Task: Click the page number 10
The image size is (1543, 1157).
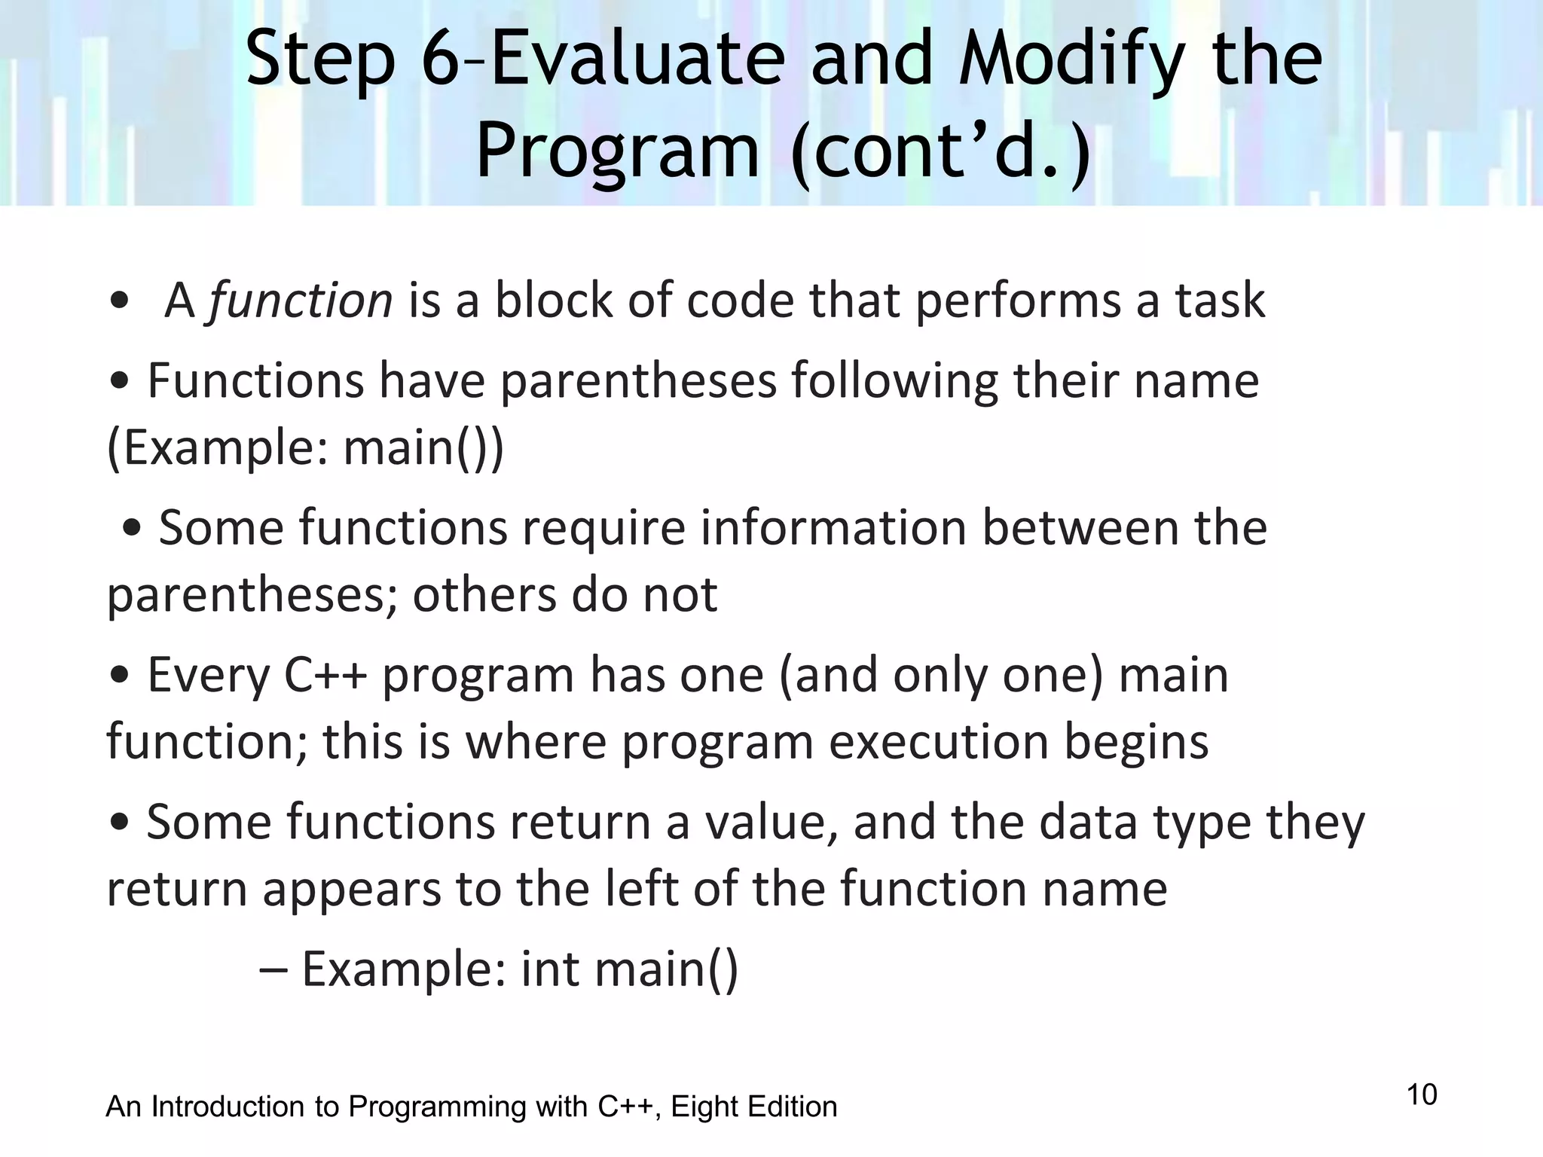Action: click(x=1422, y=1094)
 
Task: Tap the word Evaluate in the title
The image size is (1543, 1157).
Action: click(x=638, y=60)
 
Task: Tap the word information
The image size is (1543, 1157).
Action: click(x=833, y=528)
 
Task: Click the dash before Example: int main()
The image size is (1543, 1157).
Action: click(x=272, y=970)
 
